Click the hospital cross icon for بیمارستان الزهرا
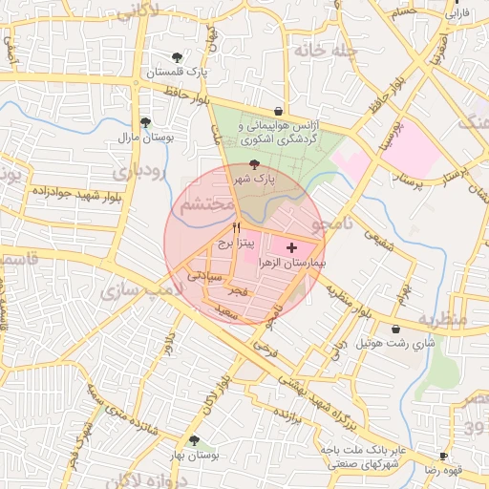[291, 247]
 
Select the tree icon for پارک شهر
[253, 164]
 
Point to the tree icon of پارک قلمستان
[178, 57]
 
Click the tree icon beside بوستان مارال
[144, 122]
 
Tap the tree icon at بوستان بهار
[194, 440]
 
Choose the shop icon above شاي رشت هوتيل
[395, 329]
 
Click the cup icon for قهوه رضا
[443, 456]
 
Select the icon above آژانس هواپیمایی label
[278, 111]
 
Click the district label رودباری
[139, 172]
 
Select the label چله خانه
[325, 50]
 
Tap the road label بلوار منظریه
[350, 301]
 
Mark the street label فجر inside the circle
[237, 289]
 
